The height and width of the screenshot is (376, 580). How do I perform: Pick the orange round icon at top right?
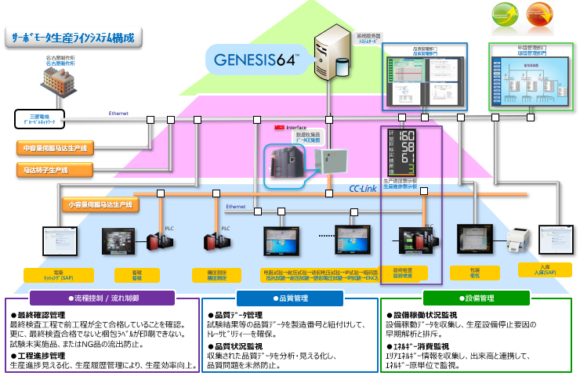pyautogui.click(x=538, y=16)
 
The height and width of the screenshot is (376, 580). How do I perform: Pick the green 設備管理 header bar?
pyautogui.click(x=477, y=298)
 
